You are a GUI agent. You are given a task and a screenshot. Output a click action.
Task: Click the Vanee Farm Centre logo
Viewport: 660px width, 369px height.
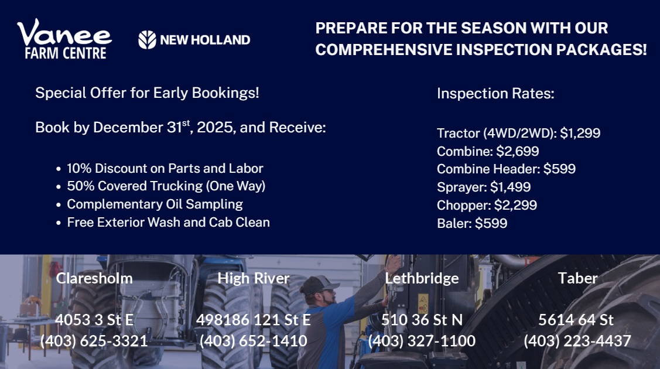click(x=64, y=39)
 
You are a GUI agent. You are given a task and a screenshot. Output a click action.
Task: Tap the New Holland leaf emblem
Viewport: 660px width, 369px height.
click(x=147, y=40)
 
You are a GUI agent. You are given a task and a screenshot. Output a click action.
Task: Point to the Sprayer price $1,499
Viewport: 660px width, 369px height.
click(x=510, y=187)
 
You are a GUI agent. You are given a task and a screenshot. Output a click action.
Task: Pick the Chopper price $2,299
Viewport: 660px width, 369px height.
click(x=515, y=205)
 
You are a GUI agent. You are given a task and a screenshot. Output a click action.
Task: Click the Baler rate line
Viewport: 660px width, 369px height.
click(x=472, y=223)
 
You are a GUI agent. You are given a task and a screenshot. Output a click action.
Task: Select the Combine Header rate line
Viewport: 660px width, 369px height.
click(x=506, y=169)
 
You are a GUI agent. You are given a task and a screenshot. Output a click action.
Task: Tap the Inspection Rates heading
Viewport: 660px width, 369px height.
click(x=495, y=93)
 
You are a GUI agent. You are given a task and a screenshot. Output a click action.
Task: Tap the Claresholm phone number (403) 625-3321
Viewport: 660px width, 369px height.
click(x=94, y=341)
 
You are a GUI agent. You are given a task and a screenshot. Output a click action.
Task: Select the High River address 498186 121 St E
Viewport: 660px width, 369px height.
click(x=254, y=320)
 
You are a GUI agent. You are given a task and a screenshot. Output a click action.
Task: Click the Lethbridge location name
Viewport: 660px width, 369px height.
click(x=422, y=278)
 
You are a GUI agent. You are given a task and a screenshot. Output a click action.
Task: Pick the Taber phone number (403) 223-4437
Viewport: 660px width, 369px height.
click(x=577, y=341)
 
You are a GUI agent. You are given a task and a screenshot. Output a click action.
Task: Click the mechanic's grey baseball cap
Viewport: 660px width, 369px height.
click(x=318, y=285)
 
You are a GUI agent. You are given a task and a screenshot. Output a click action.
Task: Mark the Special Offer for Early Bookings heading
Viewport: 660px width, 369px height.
click(x=147, y=93)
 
